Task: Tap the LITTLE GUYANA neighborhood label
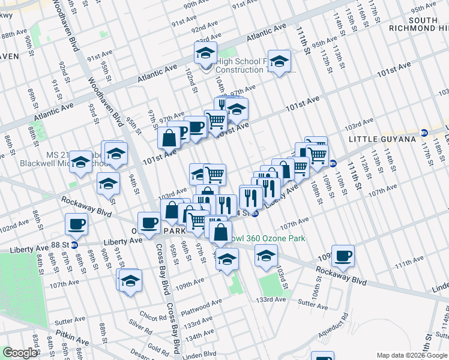(x=382, y=139)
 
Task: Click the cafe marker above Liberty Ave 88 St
(x=77, y=224)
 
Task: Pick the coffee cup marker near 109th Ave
(x=343, y=255)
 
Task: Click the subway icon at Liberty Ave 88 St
(x=74, y=244)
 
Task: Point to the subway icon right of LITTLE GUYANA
(x=424, y=133)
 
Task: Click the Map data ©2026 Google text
(x=411, y=355)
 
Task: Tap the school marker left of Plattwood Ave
(x=130, y=281)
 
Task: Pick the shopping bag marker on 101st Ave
(x=170, y=137)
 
